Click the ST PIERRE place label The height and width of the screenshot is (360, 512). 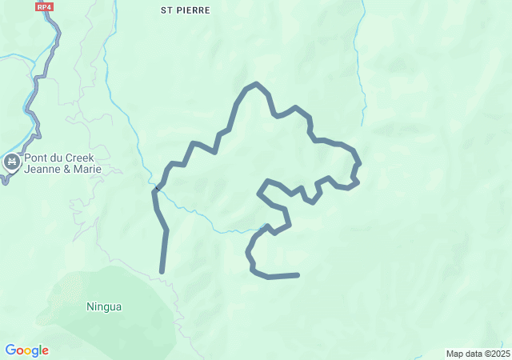(186, 10)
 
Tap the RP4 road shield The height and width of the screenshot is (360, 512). (45, 6)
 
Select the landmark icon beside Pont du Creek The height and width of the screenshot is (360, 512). (11, 163)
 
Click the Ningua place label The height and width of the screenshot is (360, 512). (104, 306)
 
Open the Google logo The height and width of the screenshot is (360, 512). (26, 350)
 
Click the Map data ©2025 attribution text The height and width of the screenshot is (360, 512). (477, 354)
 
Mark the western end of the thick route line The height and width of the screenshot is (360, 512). (162, 272)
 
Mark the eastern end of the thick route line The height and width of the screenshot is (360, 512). (298, 275)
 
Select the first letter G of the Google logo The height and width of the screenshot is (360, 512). (10, 350)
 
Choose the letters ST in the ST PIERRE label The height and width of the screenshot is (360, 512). (166, 10)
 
